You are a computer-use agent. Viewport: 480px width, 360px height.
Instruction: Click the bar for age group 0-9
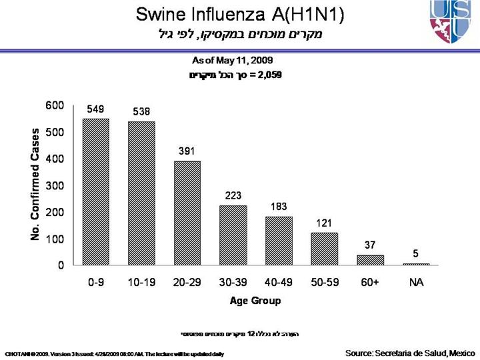(x=95, y=192)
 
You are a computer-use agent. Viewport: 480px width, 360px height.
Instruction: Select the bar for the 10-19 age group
(x=141, y=193)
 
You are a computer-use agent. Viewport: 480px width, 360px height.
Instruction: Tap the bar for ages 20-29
(x=187, y=213)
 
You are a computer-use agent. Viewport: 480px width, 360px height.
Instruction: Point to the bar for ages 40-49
(x=279, y=241)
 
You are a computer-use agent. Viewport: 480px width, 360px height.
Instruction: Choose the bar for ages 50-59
(x=325, y=249)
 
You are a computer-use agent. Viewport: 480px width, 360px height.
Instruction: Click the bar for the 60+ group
(x=370, y=260)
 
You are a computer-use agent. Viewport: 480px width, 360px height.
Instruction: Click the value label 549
(x=95, y=109)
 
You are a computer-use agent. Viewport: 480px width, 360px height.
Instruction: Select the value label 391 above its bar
(x=187, y=151)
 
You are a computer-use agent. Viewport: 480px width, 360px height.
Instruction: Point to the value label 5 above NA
(x=416, y=253)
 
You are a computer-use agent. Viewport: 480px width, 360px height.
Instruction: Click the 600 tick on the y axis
(x=55, y=105)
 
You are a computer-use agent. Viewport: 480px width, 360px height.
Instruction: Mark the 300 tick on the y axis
(x=55, y=185)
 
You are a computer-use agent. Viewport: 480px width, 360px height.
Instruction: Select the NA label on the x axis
(x=416, y=283)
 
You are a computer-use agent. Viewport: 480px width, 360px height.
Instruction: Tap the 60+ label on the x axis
(x=370, y=283)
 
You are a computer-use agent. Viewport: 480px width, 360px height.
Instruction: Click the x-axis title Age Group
(x=255, y=301)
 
